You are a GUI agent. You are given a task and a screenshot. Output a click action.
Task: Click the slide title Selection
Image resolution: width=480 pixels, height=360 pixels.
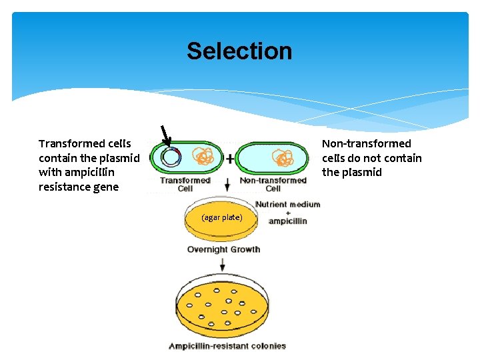(239, 51)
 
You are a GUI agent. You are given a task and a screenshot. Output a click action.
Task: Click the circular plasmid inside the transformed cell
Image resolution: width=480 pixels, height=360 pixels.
(171, 157)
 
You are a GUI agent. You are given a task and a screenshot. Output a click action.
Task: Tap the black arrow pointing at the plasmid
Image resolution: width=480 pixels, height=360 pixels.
(164, 135)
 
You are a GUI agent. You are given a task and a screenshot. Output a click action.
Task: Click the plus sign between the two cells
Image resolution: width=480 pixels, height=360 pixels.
(230, 159)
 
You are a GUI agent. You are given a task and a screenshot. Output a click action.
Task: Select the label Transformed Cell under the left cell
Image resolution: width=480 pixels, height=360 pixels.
(185, 184)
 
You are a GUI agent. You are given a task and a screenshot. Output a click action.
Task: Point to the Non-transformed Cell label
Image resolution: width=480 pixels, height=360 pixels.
(273, 184)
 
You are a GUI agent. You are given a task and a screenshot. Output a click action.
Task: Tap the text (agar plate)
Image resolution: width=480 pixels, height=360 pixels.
(221, 218)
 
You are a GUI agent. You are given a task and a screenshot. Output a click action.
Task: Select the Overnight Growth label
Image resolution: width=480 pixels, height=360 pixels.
(223, 249)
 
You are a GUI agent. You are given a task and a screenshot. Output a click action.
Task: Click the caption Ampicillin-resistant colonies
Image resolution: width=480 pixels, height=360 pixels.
(227, 346)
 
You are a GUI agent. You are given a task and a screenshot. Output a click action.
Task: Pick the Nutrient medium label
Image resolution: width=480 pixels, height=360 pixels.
(287, 204)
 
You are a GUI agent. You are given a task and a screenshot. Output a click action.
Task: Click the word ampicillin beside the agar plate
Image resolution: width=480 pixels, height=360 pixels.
(287, 221)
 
